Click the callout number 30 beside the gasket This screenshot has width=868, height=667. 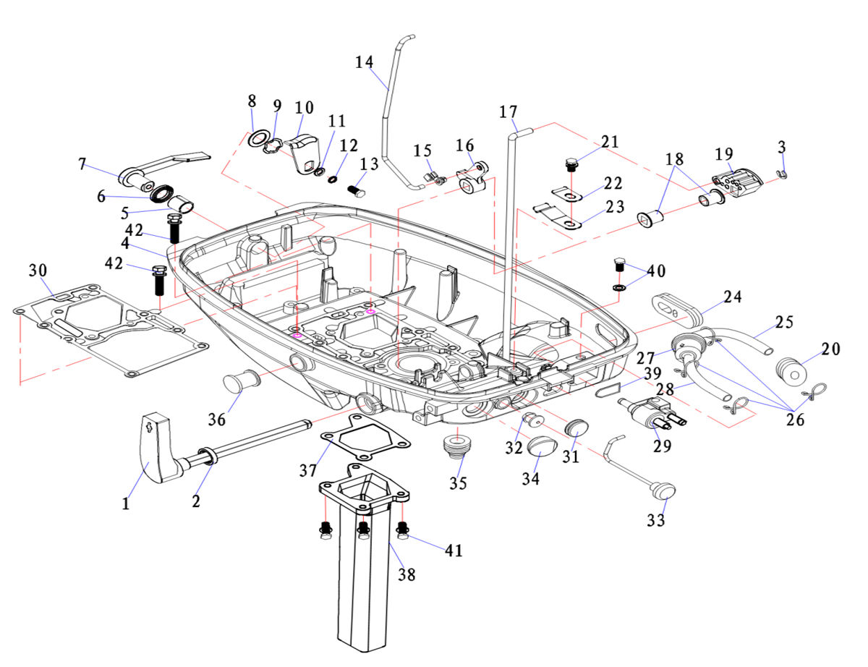click(38, 270)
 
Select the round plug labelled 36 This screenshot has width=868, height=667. click(242, 380)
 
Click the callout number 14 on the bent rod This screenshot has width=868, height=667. click(365, 63)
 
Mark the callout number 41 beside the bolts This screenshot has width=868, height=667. click(453, 551)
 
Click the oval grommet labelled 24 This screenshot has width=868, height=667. click(676, 305)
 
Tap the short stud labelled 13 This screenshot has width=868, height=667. click(357, 192)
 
